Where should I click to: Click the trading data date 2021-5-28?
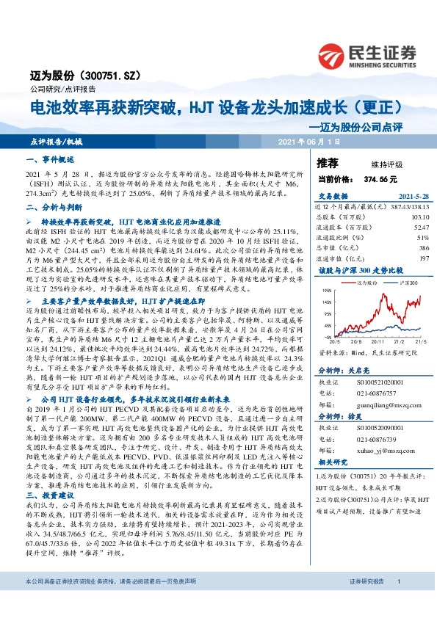(405, 197)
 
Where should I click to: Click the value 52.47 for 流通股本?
(419, 228)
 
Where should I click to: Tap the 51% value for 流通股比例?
(422, 239)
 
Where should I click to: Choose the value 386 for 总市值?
(422, 249)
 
